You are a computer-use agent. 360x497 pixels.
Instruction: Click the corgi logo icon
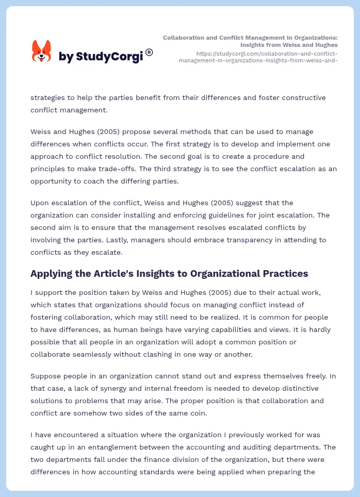[42, 52]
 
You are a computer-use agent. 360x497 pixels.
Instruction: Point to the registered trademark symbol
[149, 52]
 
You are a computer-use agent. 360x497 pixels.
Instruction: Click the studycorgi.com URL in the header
[258, 57]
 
